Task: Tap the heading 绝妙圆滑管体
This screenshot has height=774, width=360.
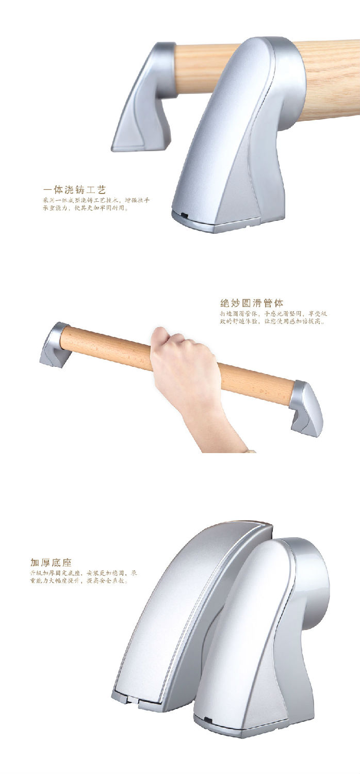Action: point(251,303)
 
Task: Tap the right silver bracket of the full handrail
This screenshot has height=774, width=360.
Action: point(306,408)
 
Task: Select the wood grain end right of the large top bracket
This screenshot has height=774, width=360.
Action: point(330,77)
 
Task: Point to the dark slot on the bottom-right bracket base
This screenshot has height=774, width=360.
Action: point(209,718)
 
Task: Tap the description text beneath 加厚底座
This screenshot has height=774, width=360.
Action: point(83,577)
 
